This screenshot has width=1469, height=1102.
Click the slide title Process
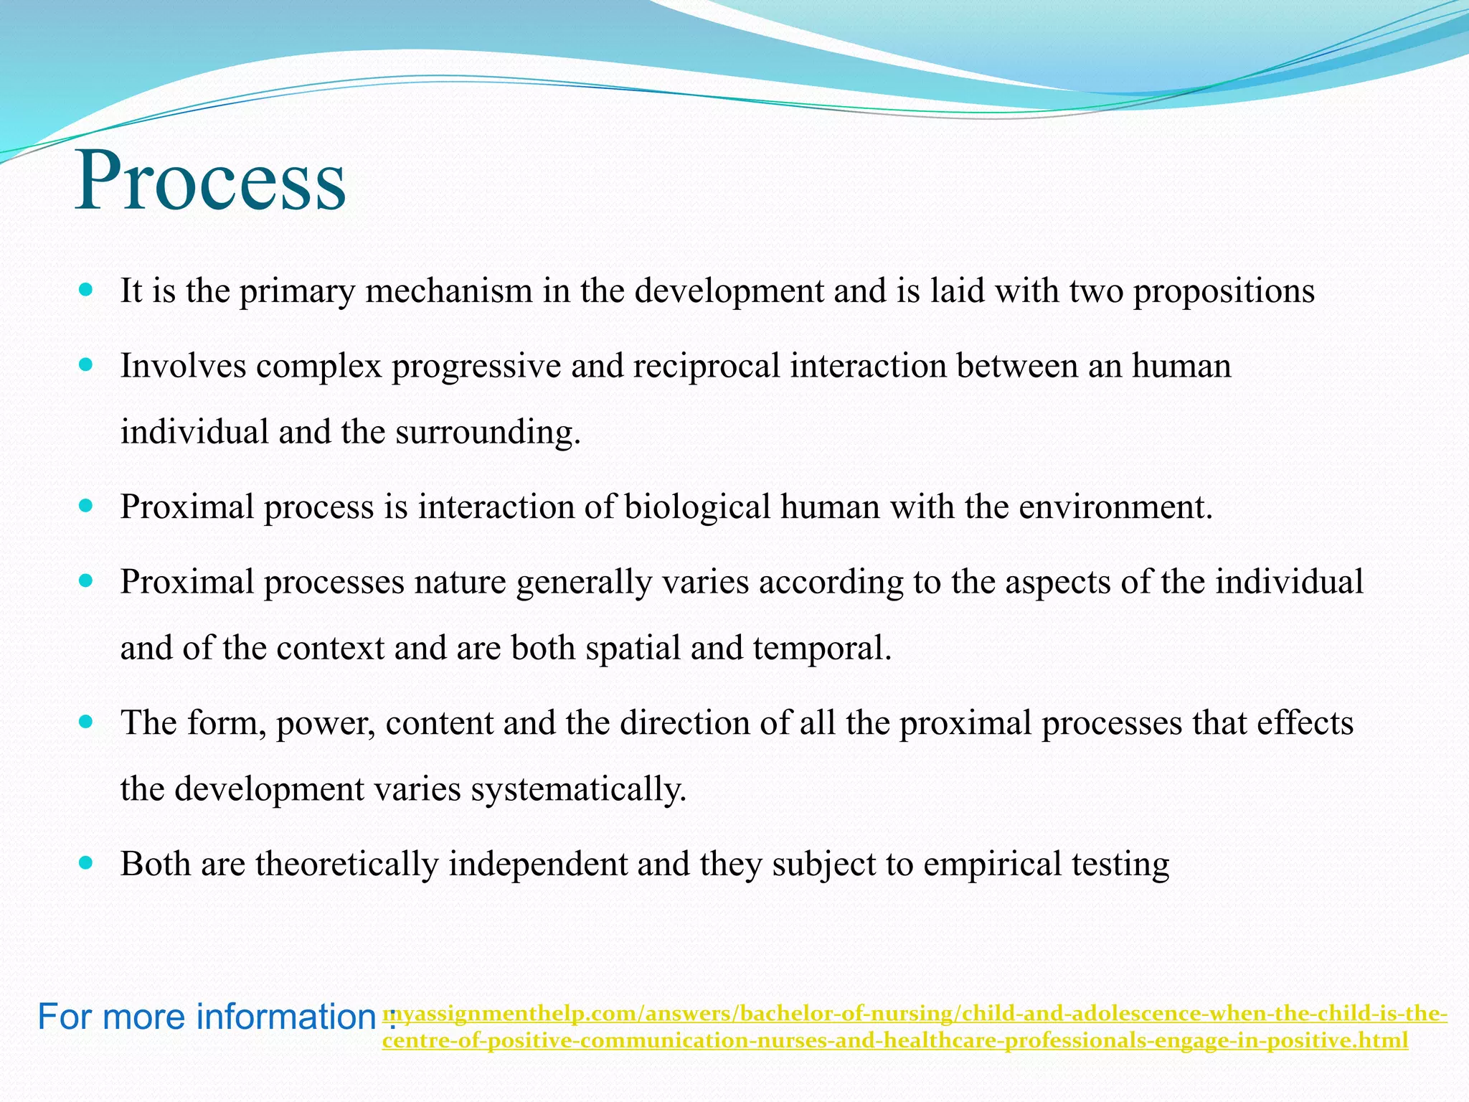click(x=210, y=181)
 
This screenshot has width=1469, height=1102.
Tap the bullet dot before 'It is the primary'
click(x=86, y=291)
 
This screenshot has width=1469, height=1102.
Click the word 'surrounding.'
click(x=488, y=433)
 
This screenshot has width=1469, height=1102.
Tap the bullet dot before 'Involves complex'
click(x=86, y=365)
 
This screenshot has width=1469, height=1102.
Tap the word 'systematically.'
click(x=579, y=789)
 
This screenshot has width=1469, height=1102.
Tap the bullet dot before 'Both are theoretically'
click(x=86, y=863)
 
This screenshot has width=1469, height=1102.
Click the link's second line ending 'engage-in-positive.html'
click(x=895, y=1040)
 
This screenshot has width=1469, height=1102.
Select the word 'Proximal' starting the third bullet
click(x=187, y=507)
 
